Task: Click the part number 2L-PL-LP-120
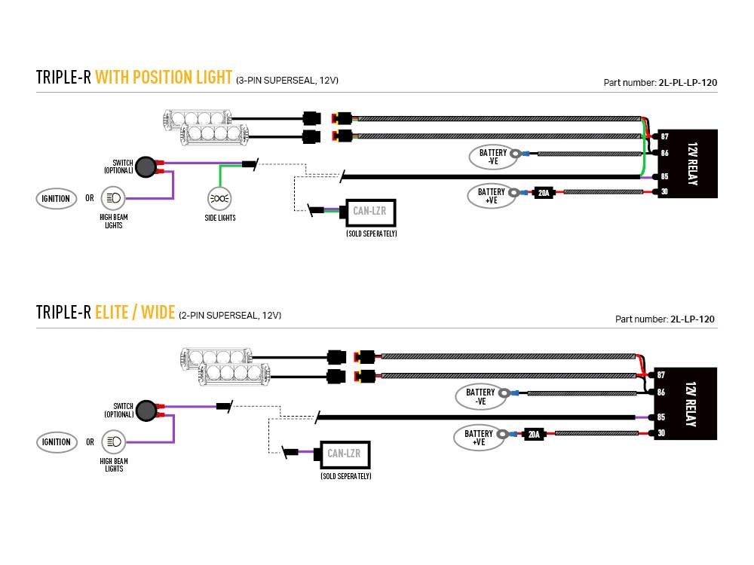687,83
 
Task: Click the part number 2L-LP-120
692,319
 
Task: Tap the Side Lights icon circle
219,199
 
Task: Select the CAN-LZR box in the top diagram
369,212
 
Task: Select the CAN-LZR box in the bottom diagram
344,454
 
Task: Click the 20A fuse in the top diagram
544,192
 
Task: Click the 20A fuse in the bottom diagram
534,434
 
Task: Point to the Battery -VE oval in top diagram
492,157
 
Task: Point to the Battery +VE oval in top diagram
491,196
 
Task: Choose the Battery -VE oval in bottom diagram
480,397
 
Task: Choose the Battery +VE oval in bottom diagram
478,438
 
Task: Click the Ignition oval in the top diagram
56,199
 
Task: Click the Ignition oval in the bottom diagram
56,442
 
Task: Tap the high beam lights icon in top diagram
114,199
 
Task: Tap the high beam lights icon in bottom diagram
114,441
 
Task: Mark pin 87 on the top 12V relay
664,137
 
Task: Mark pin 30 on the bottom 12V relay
661,433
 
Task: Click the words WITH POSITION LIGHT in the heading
164,78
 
